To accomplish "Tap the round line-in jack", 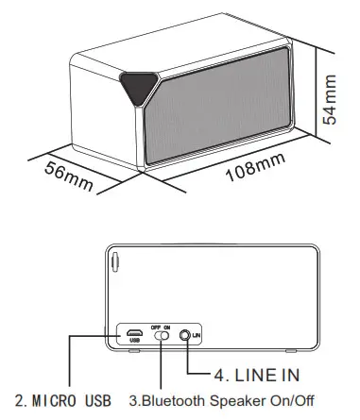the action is click(197, 334).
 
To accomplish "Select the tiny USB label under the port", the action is click(135, 343).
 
